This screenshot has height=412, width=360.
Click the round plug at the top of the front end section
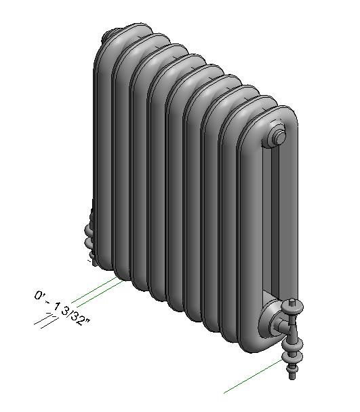point(278,138)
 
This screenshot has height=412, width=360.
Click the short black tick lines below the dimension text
point(46,321)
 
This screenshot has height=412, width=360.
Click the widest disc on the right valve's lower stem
point(293,354)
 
